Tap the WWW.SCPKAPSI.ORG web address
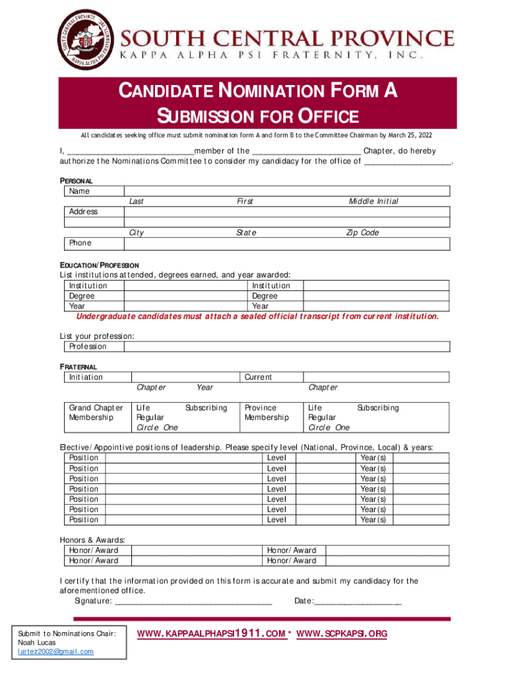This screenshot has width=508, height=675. [x=342, y=634]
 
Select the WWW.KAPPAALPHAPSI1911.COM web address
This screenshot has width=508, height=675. [x=211, y=634]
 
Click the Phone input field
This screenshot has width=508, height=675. [x=286, y=243]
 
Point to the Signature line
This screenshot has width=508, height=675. [x=194, y=601]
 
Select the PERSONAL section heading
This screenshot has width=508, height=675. [x=77, y=181]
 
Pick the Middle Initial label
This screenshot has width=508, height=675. [x=373, y=201]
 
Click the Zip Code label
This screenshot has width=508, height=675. [x=362, y=233]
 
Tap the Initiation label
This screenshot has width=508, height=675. [x=86, y=377]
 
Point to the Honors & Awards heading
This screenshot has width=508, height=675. [x=92, y=540]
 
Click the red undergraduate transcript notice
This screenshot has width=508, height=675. [x=257, y=316]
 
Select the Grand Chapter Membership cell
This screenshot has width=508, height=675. [x=96, y=413]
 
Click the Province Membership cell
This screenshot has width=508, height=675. [x=267, y=413]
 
